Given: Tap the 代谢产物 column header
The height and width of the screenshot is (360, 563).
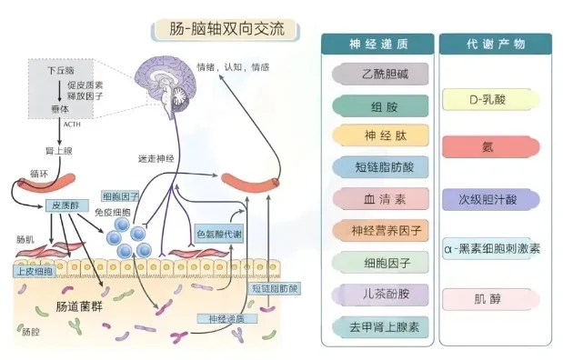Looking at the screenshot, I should (x=495, y=43).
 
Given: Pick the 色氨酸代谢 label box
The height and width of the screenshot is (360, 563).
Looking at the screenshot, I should (x=219, y=234).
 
